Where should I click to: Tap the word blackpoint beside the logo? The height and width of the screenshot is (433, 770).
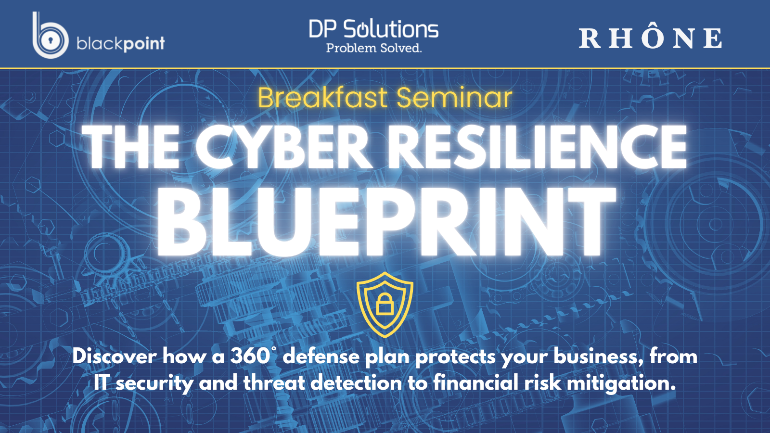click(x=121, y=44)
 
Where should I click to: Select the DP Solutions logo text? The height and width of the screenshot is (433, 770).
click(x=373, y=29)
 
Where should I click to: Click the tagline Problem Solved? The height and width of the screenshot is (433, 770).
click(x=373, y=48)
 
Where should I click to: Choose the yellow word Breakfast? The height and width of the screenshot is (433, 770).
click(x=323, y=98)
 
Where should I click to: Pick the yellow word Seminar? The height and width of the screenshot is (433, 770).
click(x=454, y=98)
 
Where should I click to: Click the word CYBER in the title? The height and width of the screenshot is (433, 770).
click(x=284, y=147)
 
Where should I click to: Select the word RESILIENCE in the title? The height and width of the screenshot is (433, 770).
click(x=537, y=147)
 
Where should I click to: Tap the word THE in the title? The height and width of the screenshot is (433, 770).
click(x=131, y=147)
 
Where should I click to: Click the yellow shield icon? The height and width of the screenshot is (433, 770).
click(x=385, y=305)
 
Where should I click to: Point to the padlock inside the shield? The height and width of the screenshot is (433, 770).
click(x=385, y=305)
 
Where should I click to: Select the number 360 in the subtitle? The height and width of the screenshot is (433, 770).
click(x=250, y=357)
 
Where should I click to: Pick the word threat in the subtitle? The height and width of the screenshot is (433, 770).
click(x=274, y=383)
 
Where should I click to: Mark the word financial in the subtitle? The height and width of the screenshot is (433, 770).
click(x=476, y=382)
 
